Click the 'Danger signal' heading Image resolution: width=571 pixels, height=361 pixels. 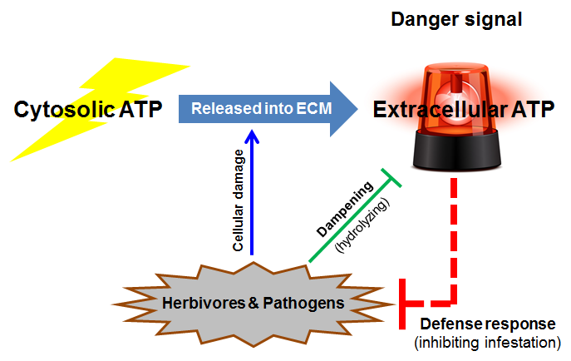coord(456,18)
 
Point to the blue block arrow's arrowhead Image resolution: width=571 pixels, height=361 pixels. coord(341,109)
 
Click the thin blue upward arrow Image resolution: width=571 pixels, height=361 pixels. coord(252,200)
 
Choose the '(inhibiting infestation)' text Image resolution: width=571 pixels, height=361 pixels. coord(484,343)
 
